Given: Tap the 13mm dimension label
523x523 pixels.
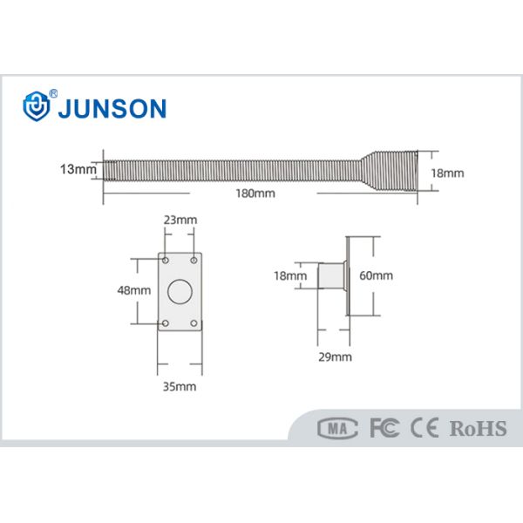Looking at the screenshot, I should point(78,170).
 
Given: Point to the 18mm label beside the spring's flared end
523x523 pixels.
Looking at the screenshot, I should point(448,173).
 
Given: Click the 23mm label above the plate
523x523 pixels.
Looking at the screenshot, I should point(180,221).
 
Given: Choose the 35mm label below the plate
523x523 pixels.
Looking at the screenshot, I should point(180,384).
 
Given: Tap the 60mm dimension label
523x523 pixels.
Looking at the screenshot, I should point(377,276).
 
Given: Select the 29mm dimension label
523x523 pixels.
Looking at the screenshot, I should point(336,357).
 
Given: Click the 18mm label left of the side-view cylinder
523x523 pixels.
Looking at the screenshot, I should point(290,276).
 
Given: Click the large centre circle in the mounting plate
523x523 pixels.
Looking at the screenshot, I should point(181,291).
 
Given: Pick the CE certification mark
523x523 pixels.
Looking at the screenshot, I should point(425,428).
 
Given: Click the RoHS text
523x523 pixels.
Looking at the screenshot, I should point(478,428).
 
